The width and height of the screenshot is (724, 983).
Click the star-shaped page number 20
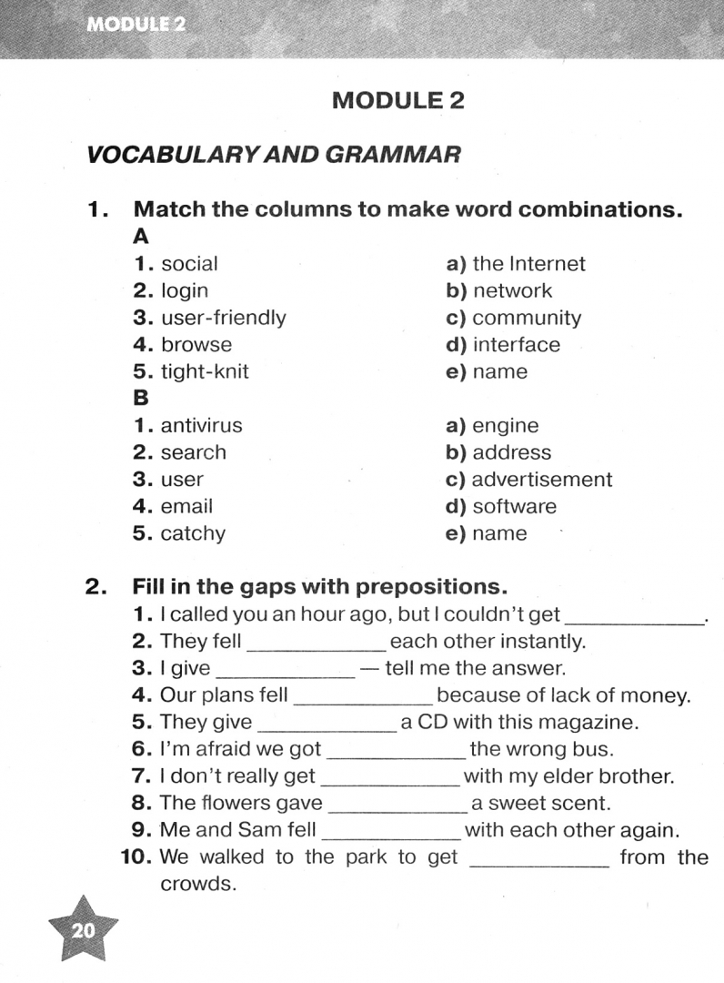click(x=83, y=930)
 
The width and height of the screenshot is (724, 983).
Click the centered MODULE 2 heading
click(x=397, y=100)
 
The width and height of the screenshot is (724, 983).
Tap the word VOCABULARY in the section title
click(x=157, y=155)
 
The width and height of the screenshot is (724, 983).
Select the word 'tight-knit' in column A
click(x=205, y=371)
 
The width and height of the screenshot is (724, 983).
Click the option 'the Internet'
click(x=528, y=264)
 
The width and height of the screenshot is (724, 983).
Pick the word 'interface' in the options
click(x=516, y=345)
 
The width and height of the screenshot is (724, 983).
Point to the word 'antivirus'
click(x=201, y=425)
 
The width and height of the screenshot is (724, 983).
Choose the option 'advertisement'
click(x=542, y=480)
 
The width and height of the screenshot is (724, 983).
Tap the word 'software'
click(x=514, y=507)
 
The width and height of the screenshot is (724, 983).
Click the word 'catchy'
click(x=193, y=533)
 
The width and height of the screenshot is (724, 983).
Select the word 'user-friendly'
click(x=223, y=318)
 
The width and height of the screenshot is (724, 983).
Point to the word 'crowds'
click(x=197, y=884)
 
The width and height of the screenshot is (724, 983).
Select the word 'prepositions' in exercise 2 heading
click(x=430, y=585)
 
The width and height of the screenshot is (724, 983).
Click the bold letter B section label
click(x=141, y=399)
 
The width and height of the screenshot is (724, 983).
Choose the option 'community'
click(x=526, y=319)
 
